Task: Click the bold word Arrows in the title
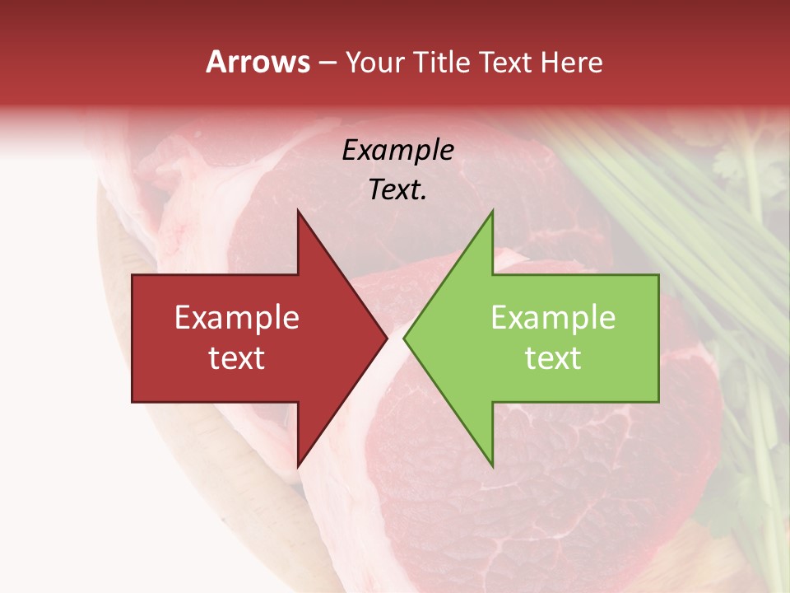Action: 258,62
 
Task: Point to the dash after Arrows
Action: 327,63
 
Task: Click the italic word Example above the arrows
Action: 397,151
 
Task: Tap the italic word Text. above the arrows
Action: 397,189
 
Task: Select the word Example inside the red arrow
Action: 237,318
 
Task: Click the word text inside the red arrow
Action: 237,358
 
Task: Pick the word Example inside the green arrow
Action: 553,318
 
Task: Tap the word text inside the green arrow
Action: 553,358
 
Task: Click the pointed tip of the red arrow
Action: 387,339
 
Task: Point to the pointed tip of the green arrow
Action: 404,339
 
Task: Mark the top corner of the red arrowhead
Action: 298,211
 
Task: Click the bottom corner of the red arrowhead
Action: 298,467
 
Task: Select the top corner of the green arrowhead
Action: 492,211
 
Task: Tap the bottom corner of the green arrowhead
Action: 492,467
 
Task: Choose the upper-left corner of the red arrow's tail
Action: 132,275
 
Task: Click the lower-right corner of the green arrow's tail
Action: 658,402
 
